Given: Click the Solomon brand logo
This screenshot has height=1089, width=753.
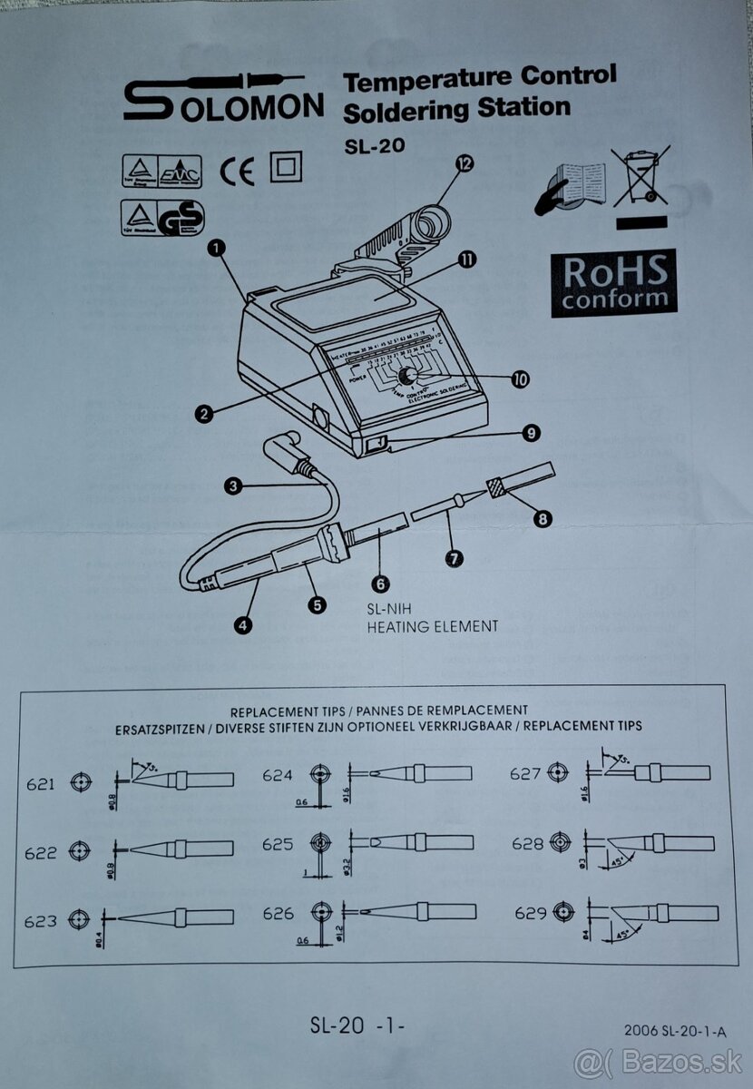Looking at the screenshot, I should pos(222,97).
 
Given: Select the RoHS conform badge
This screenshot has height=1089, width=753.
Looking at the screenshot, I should pos(613,282).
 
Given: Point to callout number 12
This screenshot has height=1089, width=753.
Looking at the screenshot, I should pos(465,163).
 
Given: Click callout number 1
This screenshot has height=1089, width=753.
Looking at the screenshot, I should pos(217,246).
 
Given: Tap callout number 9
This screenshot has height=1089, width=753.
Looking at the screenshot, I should pos(532,434).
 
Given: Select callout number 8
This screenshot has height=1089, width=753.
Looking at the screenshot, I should pos(543,519).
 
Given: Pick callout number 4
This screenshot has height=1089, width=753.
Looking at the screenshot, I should pos(243,624).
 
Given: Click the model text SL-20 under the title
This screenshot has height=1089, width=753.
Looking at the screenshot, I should pos(374,145).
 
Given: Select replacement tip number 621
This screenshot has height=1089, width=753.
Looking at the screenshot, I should pos(42,783).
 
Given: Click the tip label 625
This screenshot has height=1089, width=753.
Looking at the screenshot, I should pos(278,844).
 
